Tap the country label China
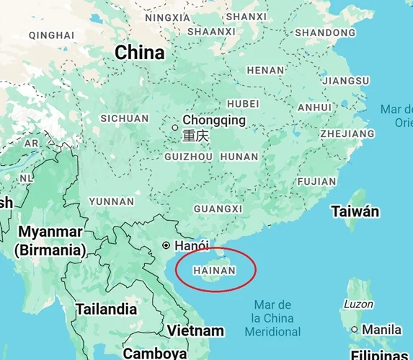point(140,53)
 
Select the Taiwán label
point(355,211)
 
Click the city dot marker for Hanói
point(166,245)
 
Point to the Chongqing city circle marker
point(175,127)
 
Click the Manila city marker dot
point(355,329)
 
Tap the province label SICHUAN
point(125,118)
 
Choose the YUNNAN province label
point(112,201)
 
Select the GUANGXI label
point(218,208)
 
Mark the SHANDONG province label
point(325,32)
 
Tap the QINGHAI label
point(51,35)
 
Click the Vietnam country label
point(195,330)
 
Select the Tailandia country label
point(107,309)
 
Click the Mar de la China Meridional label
point(272,318)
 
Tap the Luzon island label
point(358,304)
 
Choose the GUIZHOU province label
point(189,156)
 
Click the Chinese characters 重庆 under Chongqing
point(195,136)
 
